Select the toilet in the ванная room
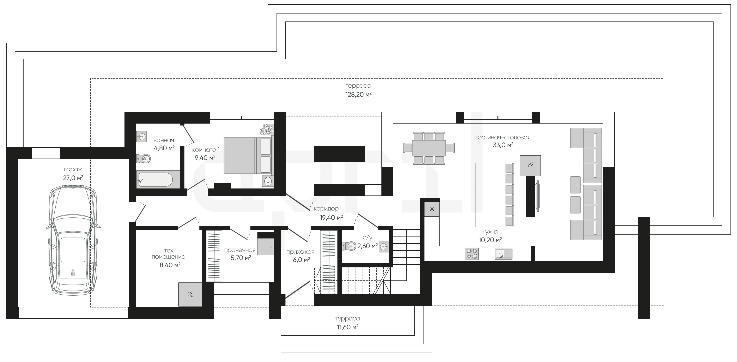(x=144, y=158)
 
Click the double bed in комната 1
(x=248, y=155)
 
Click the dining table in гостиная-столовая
(x=429, y=148)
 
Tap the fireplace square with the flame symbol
(x=530, y=165)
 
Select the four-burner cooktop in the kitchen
(x=472, y=254)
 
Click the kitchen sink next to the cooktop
(x=503, y=254)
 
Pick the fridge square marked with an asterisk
(x=432, y=209)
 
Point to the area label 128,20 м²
(x=358, y=94)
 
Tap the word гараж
(x=73, y=170)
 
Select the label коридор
(x=326, y=209)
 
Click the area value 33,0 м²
(x=503, y=145)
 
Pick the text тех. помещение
(x=168, y=254)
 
